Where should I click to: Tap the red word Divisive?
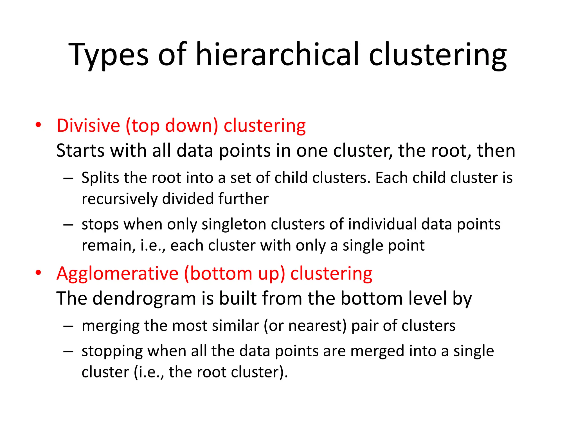[88, 125]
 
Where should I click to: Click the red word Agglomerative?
[118, 274]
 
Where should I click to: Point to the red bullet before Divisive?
[39, 125]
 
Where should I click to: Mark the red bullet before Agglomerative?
[39, 273]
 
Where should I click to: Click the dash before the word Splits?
[68, 178]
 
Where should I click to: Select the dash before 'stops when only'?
[68, 225]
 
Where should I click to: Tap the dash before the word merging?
[68, 326]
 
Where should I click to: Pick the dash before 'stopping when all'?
[68, 351]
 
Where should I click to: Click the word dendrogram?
[144, 298]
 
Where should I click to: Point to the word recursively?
[120, 199]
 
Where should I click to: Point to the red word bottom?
[221, 273]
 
